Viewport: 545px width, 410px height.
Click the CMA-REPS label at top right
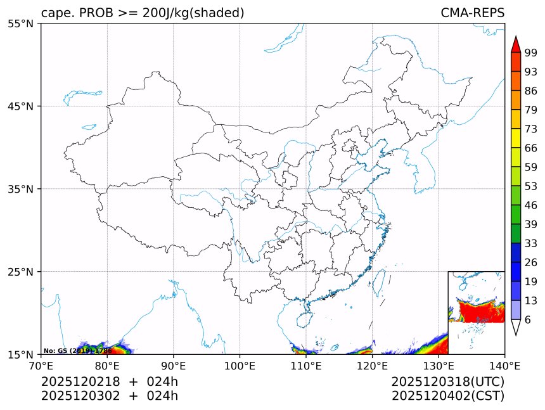point(472,13)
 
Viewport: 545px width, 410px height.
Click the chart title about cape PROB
point(143,13)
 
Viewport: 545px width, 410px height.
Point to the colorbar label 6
point(528,320)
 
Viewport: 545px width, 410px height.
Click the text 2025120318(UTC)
point(447,381)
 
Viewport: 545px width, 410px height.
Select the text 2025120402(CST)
point(447,396)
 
